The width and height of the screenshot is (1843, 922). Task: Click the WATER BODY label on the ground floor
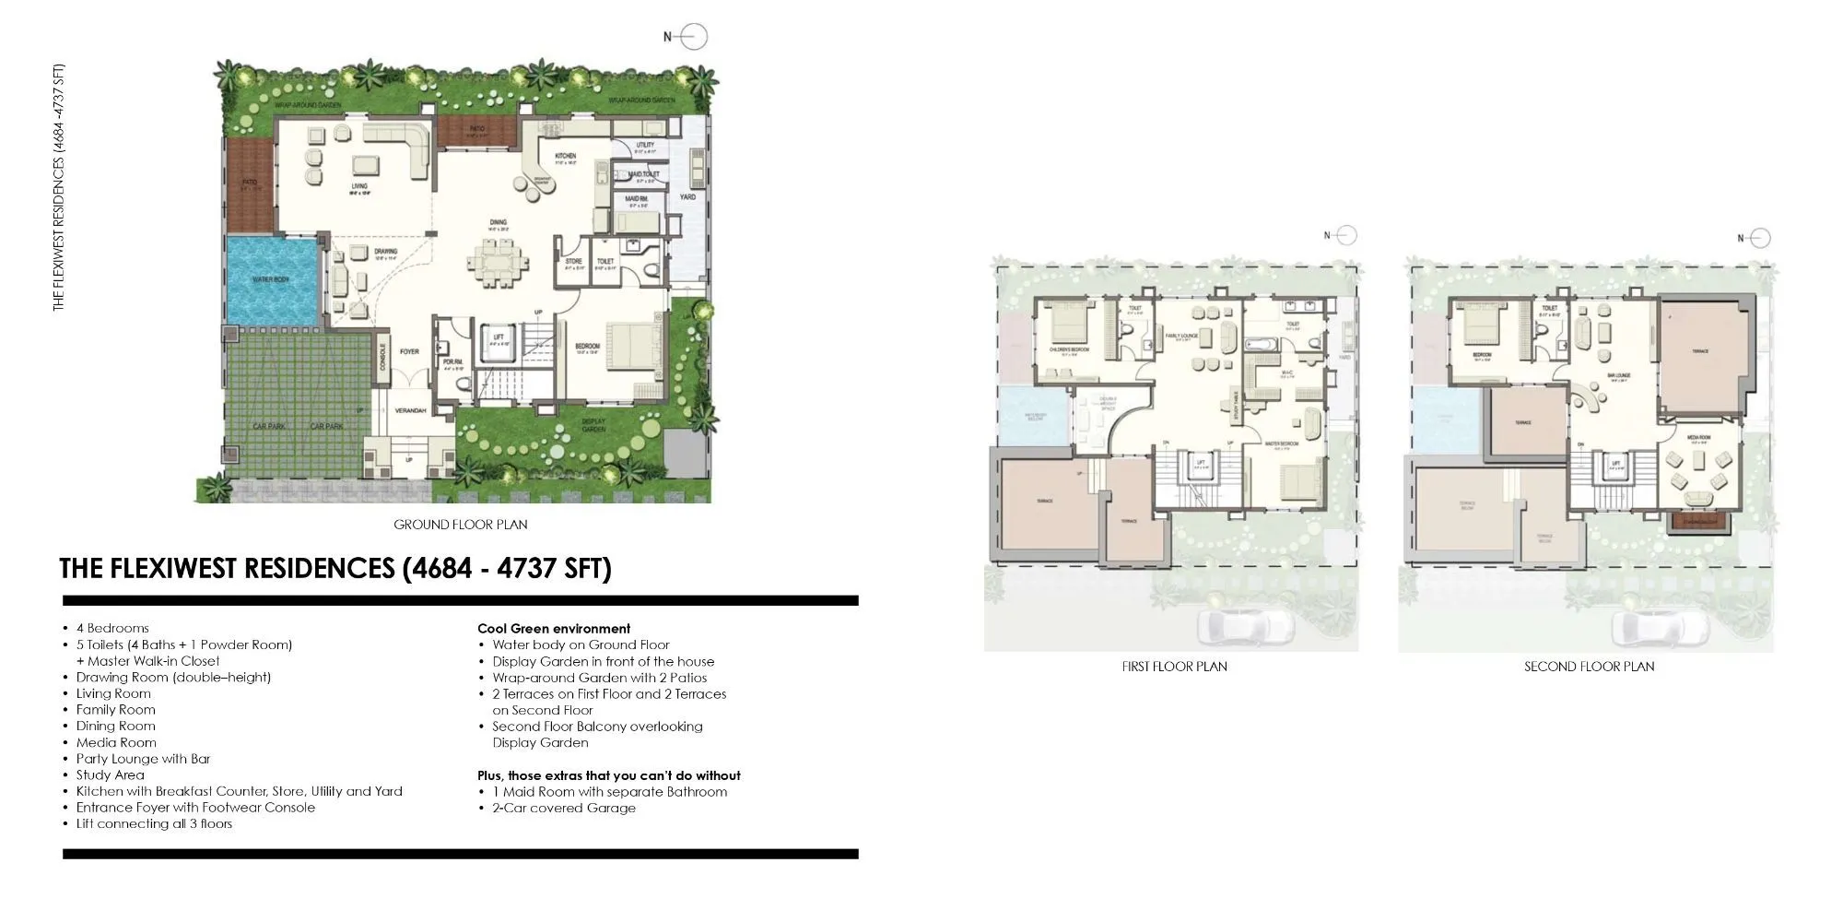pyautogui.click(x=270, y=279)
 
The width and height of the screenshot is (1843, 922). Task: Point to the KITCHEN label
pyautogui.click(x=565, y=156)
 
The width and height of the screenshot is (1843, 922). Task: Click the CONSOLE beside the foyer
pyautogui.click(x=383, y=358)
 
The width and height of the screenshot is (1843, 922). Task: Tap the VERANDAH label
pyautogui.click(x=410, y=410)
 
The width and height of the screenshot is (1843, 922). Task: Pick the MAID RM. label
pyautogui.click(x=637, y=198)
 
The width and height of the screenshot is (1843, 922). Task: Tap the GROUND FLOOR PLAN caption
pyautogui.click(x=461, y=525)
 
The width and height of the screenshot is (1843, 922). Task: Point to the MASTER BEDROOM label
pyautogui.click(x=1281, y=443)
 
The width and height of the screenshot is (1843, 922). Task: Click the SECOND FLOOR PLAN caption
pyautogui.click(x=1589, y=667)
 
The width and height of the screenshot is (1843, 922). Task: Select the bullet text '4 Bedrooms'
pyautogui.click(x=112, y=628)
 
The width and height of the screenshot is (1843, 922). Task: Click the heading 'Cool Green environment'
pyautogui.click(x=554, y=628)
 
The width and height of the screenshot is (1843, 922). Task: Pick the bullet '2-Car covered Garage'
pyautogui.click(x=563, y=808)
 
